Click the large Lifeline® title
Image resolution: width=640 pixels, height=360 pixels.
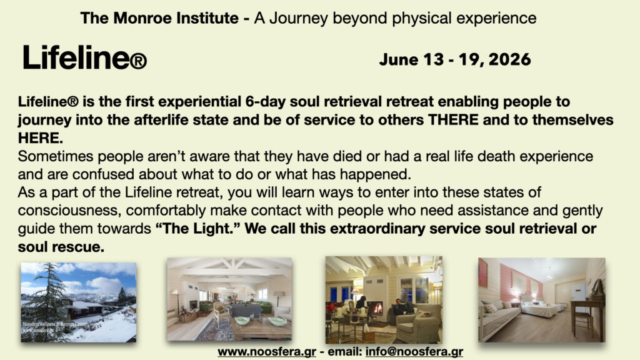[84, 58]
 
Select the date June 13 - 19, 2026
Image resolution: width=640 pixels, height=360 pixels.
[454, 59]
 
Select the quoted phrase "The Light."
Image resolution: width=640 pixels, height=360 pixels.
[197, 229]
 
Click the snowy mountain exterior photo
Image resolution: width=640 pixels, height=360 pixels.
[78, 302]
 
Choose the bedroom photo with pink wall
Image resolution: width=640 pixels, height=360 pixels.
[541, 299]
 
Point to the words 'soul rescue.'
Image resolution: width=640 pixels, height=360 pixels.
[61, 247]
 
